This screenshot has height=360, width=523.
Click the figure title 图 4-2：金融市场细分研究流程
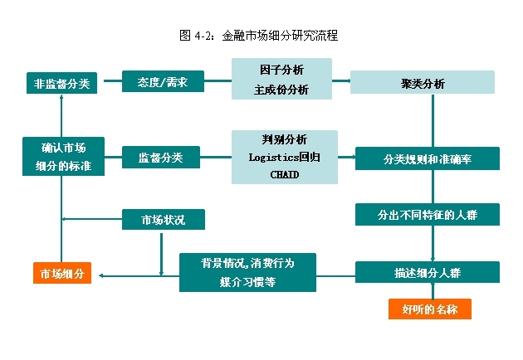tap(258, 36)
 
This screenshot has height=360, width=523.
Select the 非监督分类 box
tap(61, 83)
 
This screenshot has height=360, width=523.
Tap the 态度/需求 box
tap(163, 81)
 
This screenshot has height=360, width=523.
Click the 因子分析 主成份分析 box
tap(281, 79)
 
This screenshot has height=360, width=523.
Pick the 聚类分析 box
tap(423, 82)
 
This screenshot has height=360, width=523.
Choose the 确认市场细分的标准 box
tap(63, 156)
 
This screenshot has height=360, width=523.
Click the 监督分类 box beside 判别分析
tap(161, 157)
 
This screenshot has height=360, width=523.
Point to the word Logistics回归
tap(285, 157)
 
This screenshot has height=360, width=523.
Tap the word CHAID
tap(285, 174)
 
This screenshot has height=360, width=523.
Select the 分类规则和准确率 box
tap(428, 158)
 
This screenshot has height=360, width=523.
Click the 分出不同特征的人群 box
tap(428, 215)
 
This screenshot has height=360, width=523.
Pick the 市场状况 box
tap(164, 219)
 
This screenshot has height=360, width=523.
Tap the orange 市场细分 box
tap(62, 274)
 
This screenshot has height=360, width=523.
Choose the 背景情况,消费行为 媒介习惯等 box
tap(247, 273)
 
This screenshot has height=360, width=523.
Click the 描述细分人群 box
tap(428, 272)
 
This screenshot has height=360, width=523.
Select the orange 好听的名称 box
tap(430, 309)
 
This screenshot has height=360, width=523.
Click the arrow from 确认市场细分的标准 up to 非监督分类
tap(61, 115)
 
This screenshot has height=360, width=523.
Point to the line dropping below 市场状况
tap(161, 255)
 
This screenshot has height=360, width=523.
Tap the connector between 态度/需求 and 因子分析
tap(218, 80)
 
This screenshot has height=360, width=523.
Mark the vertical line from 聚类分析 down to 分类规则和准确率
tap(433, 120)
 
